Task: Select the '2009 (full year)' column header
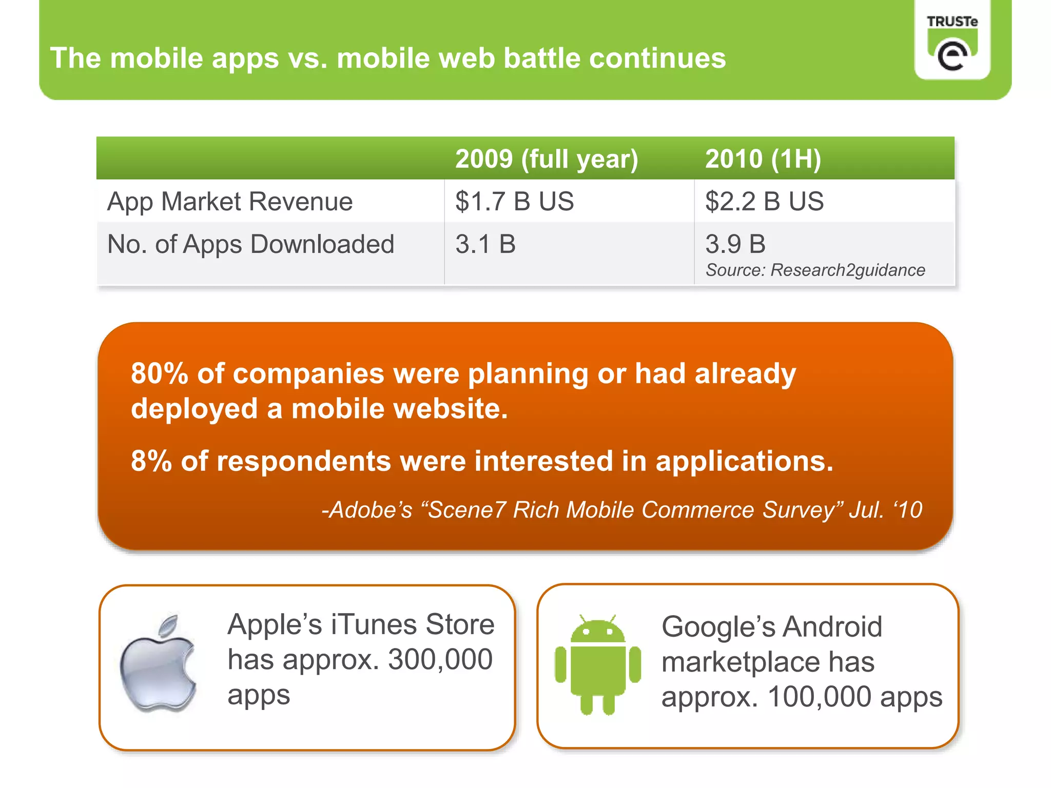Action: [x=547, y=159]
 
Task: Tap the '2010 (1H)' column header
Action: [x=763, y=159]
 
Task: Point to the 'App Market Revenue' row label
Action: [x=230, y=202]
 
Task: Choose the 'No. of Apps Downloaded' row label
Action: [x=250, y=244]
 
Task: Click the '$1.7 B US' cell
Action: [x=514, y=201]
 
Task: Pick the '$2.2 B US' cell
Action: [x=764, y=201]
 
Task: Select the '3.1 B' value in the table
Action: [x=485, y=244]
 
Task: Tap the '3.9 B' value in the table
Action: [x=735, y=244]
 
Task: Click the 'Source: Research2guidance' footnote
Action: [x=815, y=270]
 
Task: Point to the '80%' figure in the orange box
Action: [x=160, y=373]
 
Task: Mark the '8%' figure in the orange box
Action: [x=151, y=461]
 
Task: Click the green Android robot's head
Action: [x=597, y=631]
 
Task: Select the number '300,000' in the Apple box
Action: [x=440, y=660]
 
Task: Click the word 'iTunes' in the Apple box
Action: [x=374, y=625]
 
